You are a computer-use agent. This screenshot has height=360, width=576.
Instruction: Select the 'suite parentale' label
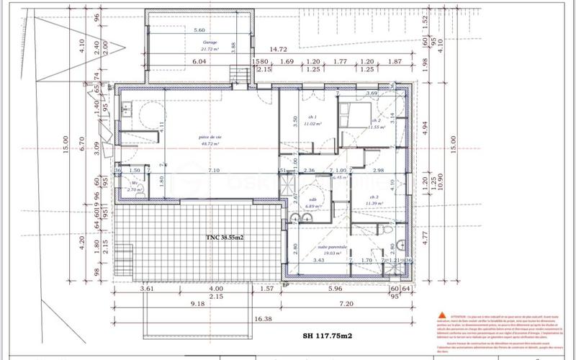[x=333, y=249]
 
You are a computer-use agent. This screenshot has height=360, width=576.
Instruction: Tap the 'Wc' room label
[x=135, y=184]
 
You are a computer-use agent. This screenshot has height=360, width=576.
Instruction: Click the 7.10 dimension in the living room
[x=213, y=170]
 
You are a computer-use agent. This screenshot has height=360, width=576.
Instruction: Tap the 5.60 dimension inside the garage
[x=199, y=30]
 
